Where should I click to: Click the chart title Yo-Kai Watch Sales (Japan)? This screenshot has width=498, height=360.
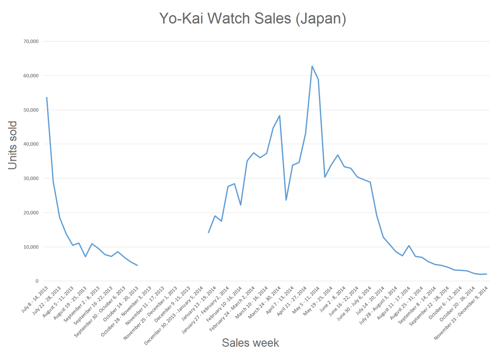(x=253, y=19)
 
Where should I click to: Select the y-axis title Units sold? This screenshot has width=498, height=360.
(x=13, y=145)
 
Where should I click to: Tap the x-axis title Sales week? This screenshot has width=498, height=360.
(x=250, y=342)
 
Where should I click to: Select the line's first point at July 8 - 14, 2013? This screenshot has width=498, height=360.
(x=47, y=97)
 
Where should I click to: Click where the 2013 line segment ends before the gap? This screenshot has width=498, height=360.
(x=137, y=265)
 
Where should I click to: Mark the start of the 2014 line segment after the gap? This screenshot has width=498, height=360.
(x=209, y=233)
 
